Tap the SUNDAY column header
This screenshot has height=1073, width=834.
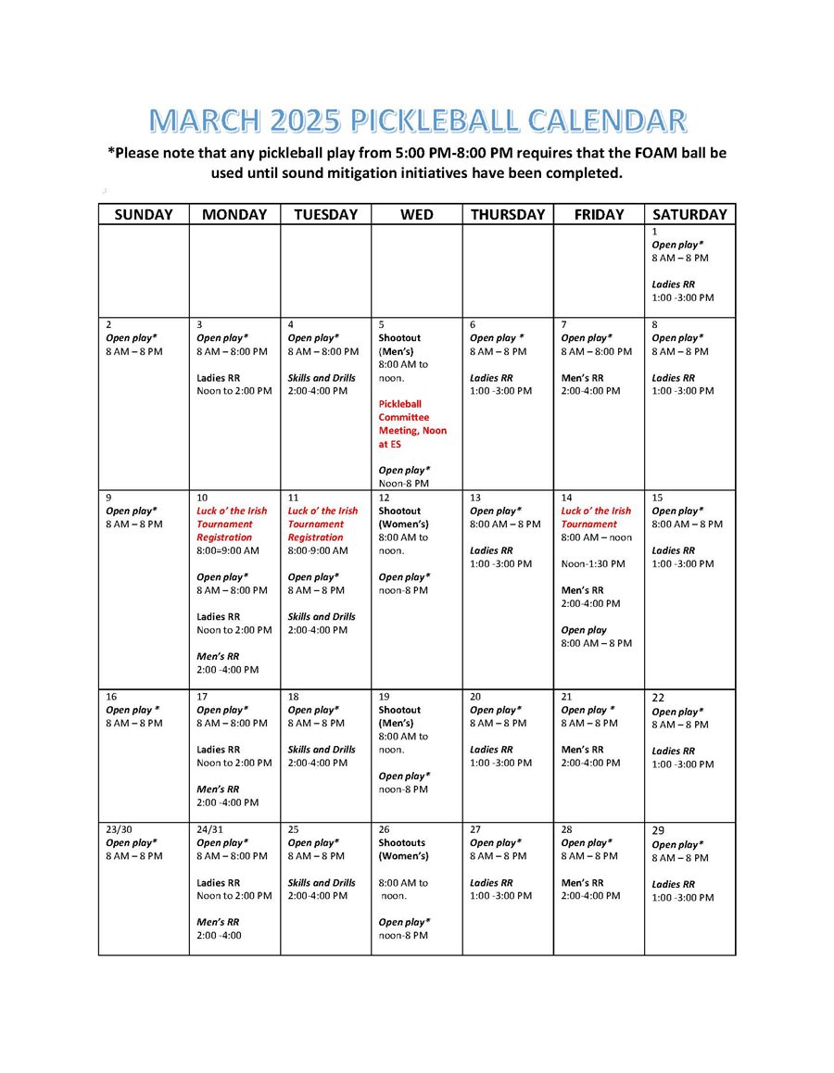point(144,214)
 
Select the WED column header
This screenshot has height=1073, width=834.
point(416,214)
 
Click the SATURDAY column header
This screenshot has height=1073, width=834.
point(689,214)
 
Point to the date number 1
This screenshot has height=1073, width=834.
point(654,232)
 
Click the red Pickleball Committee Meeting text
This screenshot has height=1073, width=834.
point(412,424)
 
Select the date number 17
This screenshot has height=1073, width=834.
point(202,697)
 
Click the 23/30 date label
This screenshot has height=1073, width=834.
point(120,829)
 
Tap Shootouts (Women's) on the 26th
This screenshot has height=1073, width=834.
point(403,849)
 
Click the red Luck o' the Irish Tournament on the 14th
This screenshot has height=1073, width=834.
point(595,517)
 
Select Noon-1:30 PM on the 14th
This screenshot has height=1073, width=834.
point(592,563)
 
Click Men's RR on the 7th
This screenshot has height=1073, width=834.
point(582,378)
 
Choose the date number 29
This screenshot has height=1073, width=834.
point(658,831)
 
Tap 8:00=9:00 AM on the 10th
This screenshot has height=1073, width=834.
point(228,550)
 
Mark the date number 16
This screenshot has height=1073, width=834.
point(111,697)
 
